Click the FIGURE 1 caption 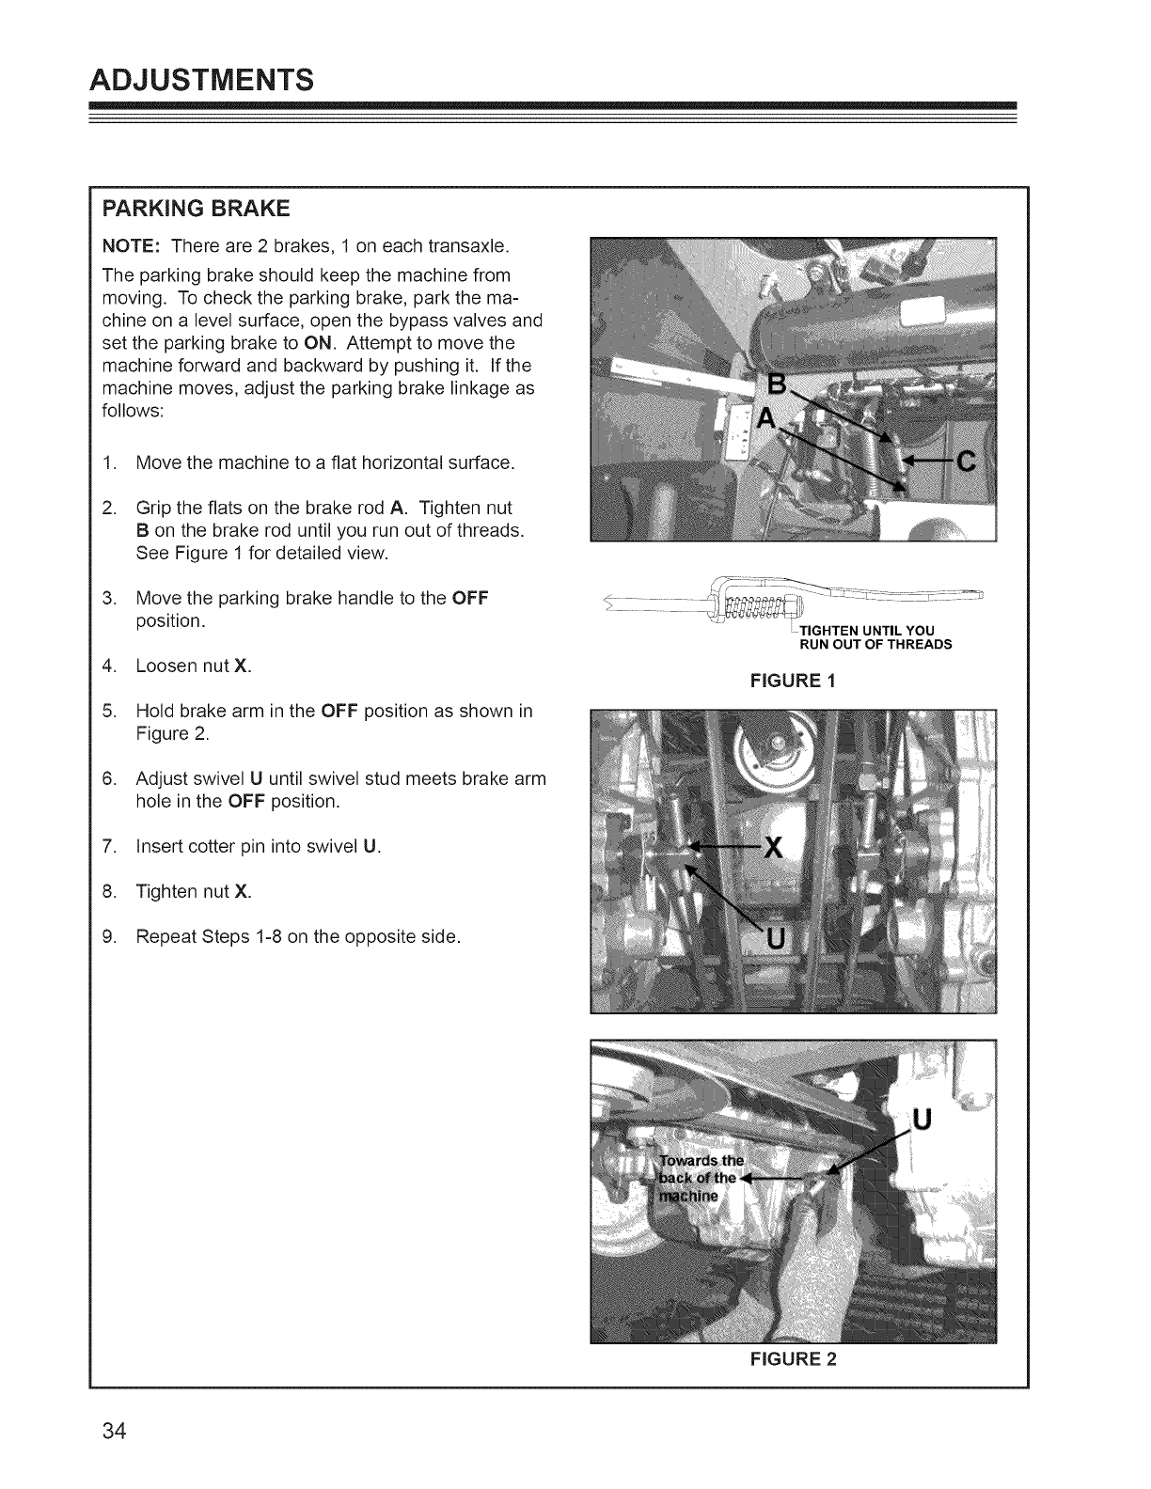point(791,681)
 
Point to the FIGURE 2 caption point(791,1358)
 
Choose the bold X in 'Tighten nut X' point(243,891)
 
